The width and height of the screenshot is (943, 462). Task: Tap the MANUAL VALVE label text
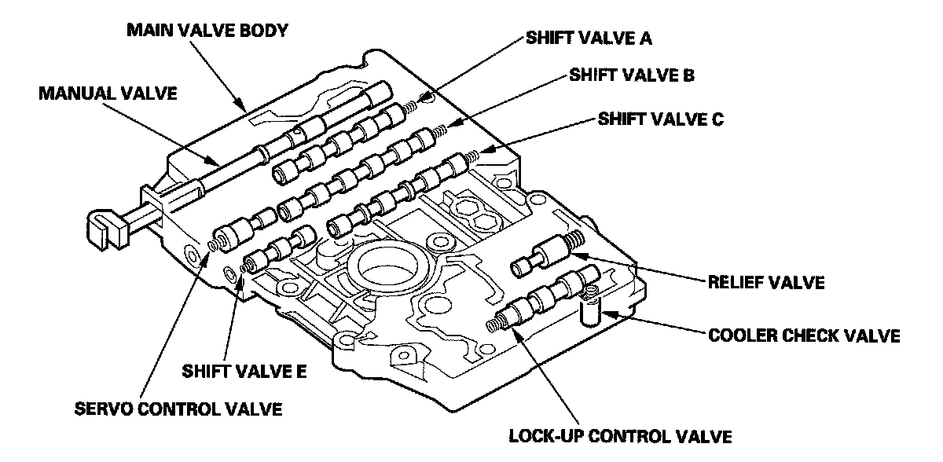pos(109,93)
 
